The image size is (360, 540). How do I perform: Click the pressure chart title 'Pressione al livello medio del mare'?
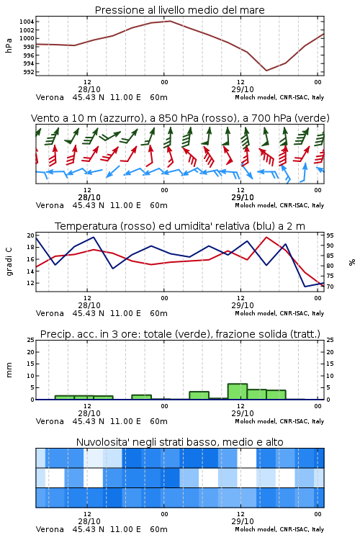179,10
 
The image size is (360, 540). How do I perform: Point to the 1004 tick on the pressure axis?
27,22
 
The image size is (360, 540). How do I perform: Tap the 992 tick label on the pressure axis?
28,72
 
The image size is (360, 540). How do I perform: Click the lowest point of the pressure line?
266,71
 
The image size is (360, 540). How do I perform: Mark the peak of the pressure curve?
170,21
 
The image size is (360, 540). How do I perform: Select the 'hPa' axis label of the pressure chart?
9,45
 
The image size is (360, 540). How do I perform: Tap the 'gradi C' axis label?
9,261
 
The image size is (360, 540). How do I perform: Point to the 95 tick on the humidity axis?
330,235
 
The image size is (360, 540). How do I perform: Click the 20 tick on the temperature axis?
31,235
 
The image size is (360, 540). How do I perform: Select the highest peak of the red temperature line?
266,237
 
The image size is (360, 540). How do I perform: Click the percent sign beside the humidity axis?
352,262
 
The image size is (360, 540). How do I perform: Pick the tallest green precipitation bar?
238,392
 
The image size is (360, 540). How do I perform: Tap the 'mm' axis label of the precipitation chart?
9,369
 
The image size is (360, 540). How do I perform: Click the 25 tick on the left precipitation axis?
31,340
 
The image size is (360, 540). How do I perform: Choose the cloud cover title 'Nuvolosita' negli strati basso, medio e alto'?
179,442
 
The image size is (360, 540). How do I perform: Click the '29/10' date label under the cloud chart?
243,521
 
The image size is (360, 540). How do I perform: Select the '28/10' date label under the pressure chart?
89,89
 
